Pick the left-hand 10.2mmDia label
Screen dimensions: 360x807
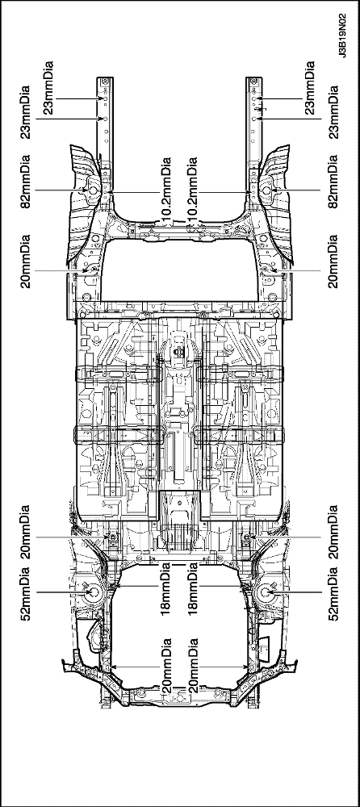coord(165,191)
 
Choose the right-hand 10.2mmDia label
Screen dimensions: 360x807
coord(193,191)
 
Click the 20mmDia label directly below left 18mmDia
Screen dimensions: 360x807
coord(165,667)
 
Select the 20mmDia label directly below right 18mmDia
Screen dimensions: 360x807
coord(193,667)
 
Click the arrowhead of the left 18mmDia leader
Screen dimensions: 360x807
coord(116,586)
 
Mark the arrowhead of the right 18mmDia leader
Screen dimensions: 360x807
coord(244,586)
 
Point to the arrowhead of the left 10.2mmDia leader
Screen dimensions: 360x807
coord(111,192)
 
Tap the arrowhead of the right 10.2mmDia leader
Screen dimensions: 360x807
coord(249,192)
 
